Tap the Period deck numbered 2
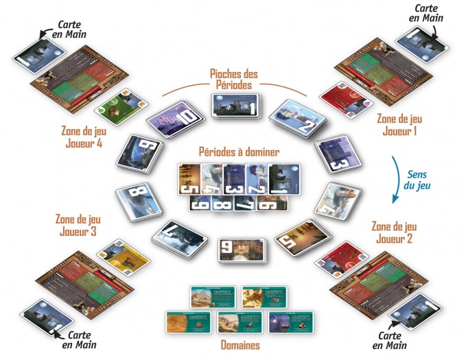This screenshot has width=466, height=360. tap(292, 120)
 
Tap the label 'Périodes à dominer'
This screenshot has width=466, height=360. tap(233, 151)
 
